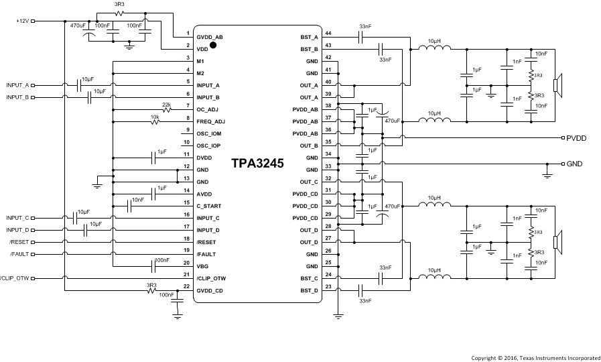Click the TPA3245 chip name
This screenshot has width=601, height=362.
pyautogui.click(x=257, y=164)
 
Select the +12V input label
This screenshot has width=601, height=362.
pyautogui.click(x=23, y=21)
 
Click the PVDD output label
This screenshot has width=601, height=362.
pyautogui.click(x=576, y=138)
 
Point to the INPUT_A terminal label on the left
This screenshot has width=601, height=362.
pyautogui.click(x=17, y=86)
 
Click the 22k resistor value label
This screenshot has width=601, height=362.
pyautogui.click(x=166, y=104)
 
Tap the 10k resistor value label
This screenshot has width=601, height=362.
pyautogui.click(x=154, y=116)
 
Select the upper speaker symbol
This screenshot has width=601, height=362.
pyautogui.click(x=556, y=86)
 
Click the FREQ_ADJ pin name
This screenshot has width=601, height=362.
pyautogui.click(x=210, y=121)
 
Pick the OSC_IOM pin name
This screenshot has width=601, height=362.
pyautogui.click(x=208, y=133)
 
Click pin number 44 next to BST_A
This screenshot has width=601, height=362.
pyautogui.click(x=328, y=33)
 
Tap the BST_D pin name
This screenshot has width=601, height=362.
pyautogui.click(x=309, y=290)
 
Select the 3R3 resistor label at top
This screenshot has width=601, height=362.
pyautogui.click(x=119, y=5)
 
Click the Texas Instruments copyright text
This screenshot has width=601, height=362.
pyautogui.click(x=535, y=357)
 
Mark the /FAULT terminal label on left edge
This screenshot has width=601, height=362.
pyautogui.click(x=19, y=254)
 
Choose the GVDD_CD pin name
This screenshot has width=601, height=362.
pyautogui.click(x=209, y=290)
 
